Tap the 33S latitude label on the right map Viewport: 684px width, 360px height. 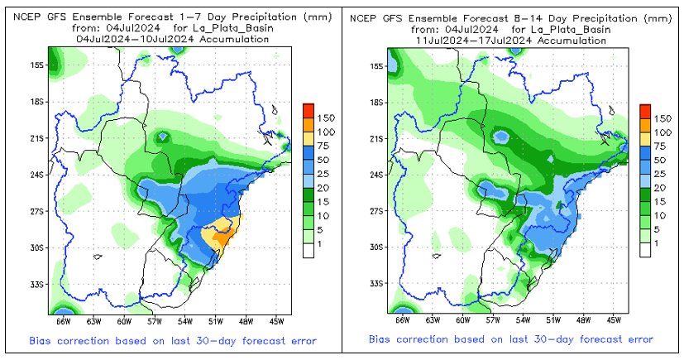tap(373, 284)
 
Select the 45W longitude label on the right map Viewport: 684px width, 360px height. tap(614, 320)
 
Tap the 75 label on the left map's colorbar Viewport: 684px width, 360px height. tap(325, 146)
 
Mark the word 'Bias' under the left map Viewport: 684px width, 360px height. tap(43, 341)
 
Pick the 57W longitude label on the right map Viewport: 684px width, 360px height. tap(494, 320)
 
